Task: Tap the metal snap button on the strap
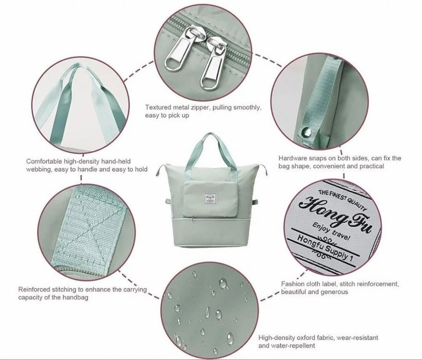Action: (x=306, y=132)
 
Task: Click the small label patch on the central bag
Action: (x=210, y=198)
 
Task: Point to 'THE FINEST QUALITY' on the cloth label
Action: (x=342, y=200)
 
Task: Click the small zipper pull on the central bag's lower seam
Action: (x=192, y=218)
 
